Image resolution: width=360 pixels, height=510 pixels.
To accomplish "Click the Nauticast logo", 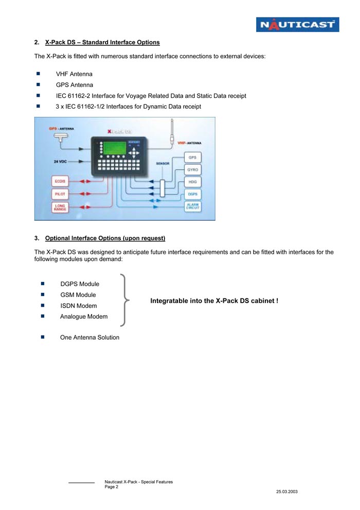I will pos(298,24).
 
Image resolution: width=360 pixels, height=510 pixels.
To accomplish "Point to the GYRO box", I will pos(192,169).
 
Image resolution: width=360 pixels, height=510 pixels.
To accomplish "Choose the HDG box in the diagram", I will pos(192,182).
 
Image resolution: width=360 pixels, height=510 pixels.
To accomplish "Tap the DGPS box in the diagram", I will pos(192,194).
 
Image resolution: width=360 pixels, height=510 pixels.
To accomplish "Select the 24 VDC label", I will pos(61,162).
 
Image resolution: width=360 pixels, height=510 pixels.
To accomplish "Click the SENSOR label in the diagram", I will pos(163,164).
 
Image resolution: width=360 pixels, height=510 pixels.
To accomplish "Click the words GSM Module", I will pos(78,295).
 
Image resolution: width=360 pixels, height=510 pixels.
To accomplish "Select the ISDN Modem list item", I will pos(78,306).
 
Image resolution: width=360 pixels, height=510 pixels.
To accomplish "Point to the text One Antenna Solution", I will pos(89,338).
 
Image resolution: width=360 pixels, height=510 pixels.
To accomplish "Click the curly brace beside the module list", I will pos(124,300).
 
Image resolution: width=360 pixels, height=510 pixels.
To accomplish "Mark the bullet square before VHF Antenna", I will pos(38,74).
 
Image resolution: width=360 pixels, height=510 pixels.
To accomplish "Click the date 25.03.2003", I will pos(286,492).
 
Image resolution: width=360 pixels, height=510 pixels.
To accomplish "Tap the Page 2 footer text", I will pos(112,486).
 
